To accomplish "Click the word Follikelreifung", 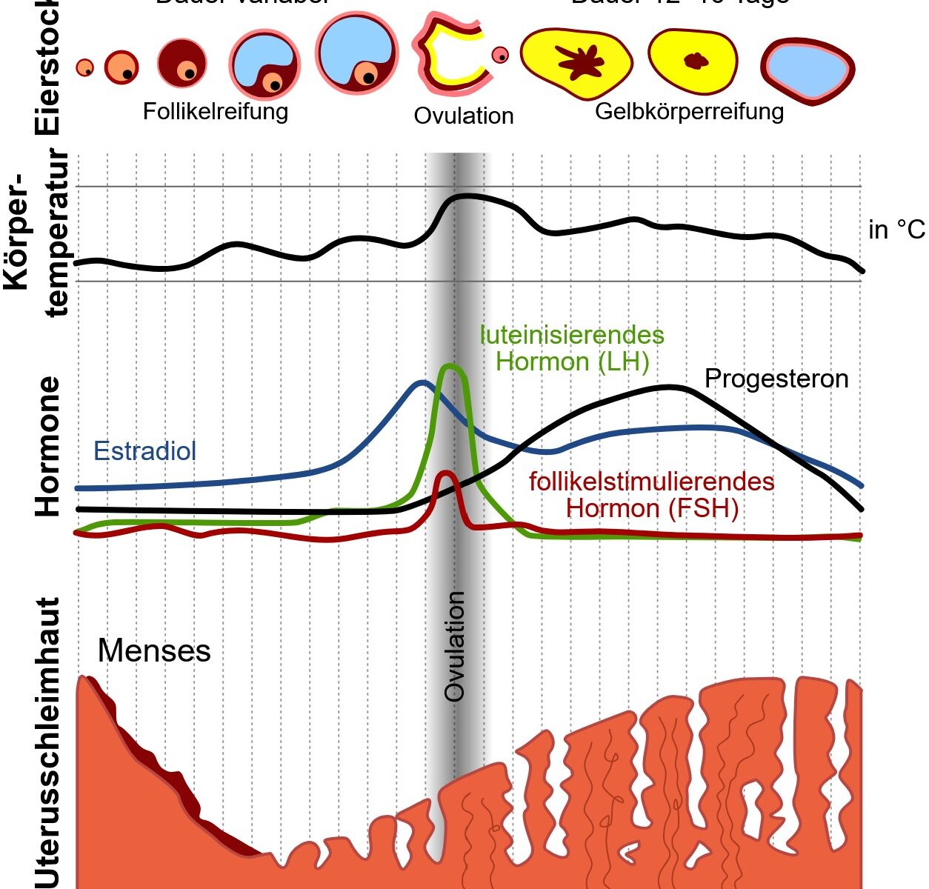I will [215, 112].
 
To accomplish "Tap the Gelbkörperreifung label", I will [689, 112].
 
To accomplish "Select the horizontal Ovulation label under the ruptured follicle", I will [464, 116].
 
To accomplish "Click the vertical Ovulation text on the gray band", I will [454, 646].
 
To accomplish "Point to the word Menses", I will [154, 651].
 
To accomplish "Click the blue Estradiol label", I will [145, 451].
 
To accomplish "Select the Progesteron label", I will [776, 379].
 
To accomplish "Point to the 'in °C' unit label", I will [896, 230].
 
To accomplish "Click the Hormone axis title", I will [47, 447].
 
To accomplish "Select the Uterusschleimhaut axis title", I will [47, 741].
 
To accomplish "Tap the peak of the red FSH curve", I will [445, 472].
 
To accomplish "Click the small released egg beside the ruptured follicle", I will [501, 55].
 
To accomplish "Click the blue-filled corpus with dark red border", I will [808, 69].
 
